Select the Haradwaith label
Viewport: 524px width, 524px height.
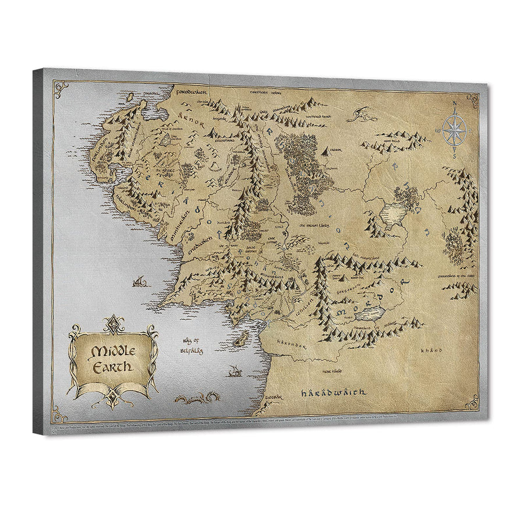click(333, 392)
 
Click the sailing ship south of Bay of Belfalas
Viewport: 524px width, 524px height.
click(236, 370)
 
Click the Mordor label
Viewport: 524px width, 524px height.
click(378, 294)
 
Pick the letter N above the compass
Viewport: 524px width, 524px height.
click(454, 105)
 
